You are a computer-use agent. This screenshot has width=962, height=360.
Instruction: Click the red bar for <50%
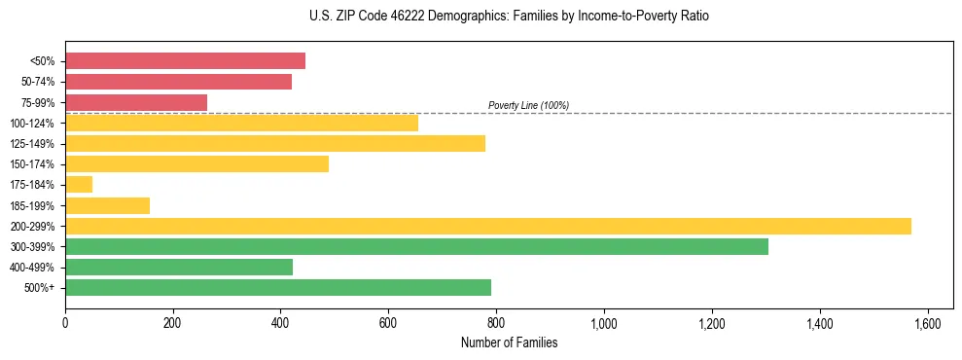185,61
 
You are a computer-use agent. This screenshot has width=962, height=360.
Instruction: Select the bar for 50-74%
178,82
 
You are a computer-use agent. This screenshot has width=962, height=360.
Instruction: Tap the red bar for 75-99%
136,102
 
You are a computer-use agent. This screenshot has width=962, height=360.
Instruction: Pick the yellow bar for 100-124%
241,123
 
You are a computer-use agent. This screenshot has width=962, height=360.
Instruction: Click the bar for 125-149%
275,144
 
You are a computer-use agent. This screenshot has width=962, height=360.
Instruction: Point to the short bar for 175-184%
79,185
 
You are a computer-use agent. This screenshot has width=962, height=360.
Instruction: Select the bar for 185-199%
107,205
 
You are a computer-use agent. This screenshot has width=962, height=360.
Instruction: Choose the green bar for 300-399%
416,246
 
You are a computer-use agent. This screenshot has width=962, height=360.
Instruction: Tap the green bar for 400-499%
179,267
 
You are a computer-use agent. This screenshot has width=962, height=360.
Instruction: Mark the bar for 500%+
278,287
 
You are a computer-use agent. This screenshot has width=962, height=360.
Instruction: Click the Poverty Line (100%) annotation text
528,105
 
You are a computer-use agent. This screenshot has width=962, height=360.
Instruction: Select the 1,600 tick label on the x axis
927,322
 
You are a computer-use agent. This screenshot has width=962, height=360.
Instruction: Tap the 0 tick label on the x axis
65,322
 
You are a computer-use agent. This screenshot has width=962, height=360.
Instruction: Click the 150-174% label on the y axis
32,164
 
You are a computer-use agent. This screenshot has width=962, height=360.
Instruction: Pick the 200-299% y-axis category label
32,226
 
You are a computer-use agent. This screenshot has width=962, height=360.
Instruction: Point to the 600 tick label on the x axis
388,322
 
